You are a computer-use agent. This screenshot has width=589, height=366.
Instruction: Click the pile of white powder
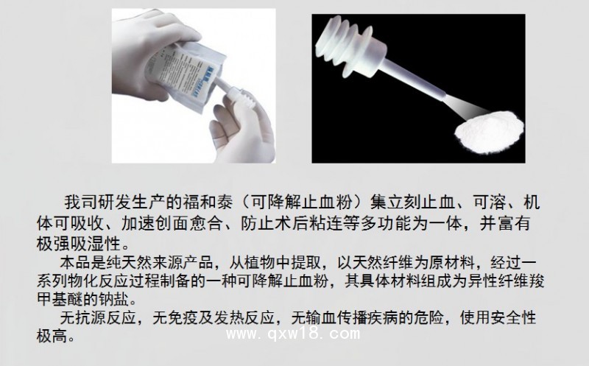(x=489, y=133)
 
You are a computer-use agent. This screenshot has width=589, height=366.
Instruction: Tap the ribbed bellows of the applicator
(x=348, y=46)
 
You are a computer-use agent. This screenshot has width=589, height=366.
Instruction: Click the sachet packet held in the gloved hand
(x=184, y=75)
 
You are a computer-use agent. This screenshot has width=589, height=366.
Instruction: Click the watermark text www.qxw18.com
(x=293, y=334)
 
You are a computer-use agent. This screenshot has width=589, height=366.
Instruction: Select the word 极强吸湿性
(x=79, y=244)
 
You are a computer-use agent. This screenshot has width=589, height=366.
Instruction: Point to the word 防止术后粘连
(x=291, y=223)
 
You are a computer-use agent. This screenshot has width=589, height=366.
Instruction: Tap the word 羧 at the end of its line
(x=537, y=281)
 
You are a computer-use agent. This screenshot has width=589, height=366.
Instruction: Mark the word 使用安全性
(x=498, y=318)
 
